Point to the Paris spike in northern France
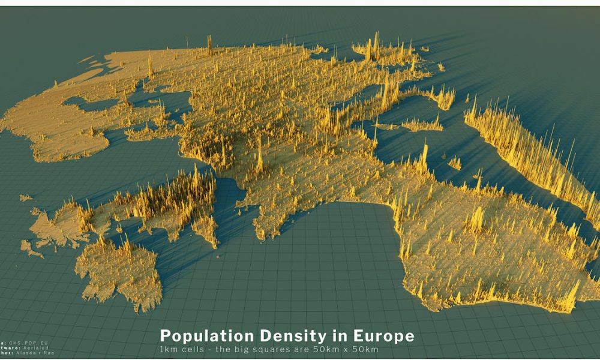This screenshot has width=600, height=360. coord(259,157)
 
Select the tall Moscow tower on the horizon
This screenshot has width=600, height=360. coord(209,43)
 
